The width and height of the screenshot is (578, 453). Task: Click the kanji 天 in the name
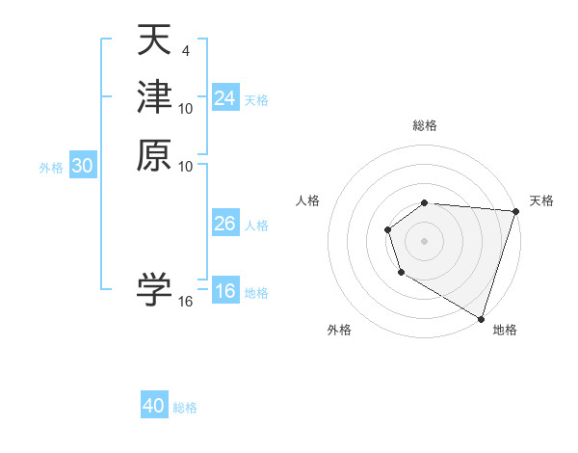pos(154,40)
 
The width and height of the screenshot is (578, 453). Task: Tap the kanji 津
pos(154,96)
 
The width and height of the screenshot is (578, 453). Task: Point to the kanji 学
pos(154,289)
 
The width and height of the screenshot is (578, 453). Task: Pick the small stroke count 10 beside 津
pos(186,109)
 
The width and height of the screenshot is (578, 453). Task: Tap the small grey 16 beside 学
pos(186,302)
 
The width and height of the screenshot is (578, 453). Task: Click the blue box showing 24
pos(224,98)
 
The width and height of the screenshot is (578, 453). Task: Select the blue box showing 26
pos(224,224)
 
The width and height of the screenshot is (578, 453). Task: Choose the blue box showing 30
pos(83,166)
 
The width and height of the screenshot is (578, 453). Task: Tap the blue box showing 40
pos(154,406)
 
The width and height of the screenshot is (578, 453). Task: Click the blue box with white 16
pos(224,292)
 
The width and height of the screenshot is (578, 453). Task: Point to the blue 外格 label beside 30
pos(51,167)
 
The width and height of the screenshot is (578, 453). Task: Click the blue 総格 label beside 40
pos(185,408)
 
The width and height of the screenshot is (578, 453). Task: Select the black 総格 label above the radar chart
pos(425,125)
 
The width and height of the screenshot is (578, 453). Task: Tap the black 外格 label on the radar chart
pos(339,331)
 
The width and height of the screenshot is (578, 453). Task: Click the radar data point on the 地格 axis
pos(481,318)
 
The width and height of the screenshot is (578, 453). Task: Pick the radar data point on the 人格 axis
pos(387,229)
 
